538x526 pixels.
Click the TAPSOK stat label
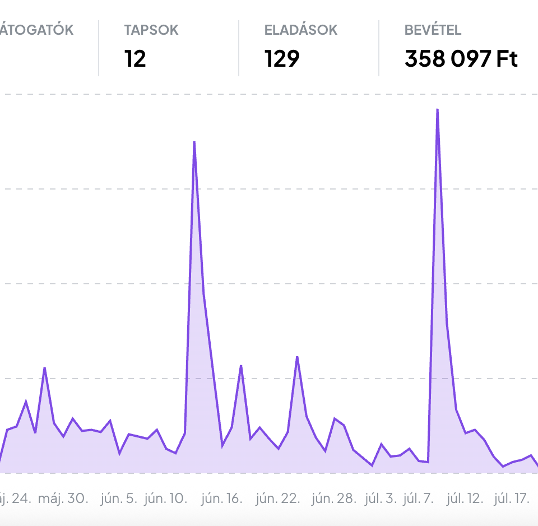[x=151, y=30]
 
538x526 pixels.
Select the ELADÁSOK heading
[x=301, y=30]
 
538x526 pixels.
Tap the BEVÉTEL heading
[x=433, y=30]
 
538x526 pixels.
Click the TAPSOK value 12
[x=135, y=58]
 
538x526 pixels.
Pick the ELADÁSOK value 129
[x=282, y=58]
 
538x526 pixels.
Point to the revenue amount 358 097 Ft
[x=461, y=58]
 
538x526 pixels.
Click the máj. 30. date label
[x=63, y=498]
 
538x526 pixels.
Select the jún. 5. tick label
[x=119, y=498]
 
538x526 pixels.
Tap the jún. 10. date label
[x=166, y=498]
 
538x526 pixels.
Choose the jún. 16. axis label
[x=221, y=498]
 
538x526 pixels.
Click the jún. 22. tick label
[x=277, y=498]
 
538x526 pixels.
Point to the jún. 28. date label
[x=333, y=498]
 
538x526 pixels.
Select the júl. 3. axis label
[x=381, y=498]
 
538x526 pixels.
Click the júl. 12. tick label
[x=465, y=498]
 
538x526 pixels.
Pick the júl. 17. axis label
[x=512, y=498]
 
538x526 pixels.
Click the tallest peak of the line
[x=437, y=109]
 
